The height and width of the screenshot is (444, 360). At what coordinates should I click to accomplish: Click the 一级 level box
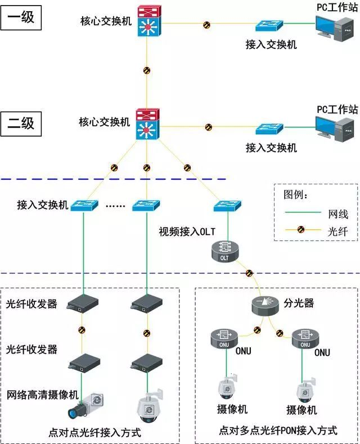tap(21, 17)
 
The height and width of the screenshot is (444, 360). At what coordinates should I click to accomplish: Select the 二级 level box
tap(21, 122)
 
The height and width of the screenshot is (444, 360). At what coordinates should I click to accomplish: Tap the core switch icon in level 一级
tap(147, 22)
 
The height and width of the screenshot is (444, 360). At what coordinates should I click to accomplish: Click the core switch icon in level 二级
tap(147, 125)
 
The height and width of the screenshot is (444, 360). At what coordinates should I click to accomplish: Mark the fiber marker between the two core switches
tap(147, 71)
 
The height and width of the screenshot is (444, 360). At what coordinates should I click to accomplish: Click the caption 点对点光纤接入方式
tap(94, 433)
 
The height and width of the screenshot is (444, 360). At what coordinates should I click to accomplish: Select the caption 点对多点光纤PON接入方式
tap(278, 431)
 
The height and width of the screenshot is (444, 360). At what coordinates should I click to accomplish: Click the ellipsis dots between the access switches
tap(115, 206)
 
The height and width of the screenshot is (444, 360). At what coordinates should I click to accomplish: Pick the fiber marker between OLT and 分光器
tap(248, 274)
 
